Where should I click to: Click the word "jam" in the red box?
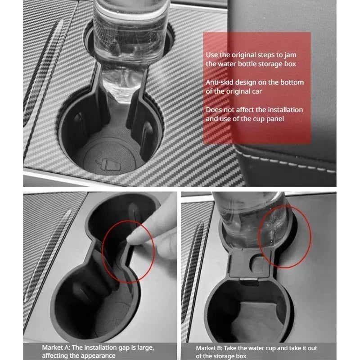(x=290, y=55)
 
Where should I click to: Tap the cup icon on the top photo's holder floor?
(x=108, y=164)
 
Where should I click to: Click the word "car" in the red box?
(x=256, y=92)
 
